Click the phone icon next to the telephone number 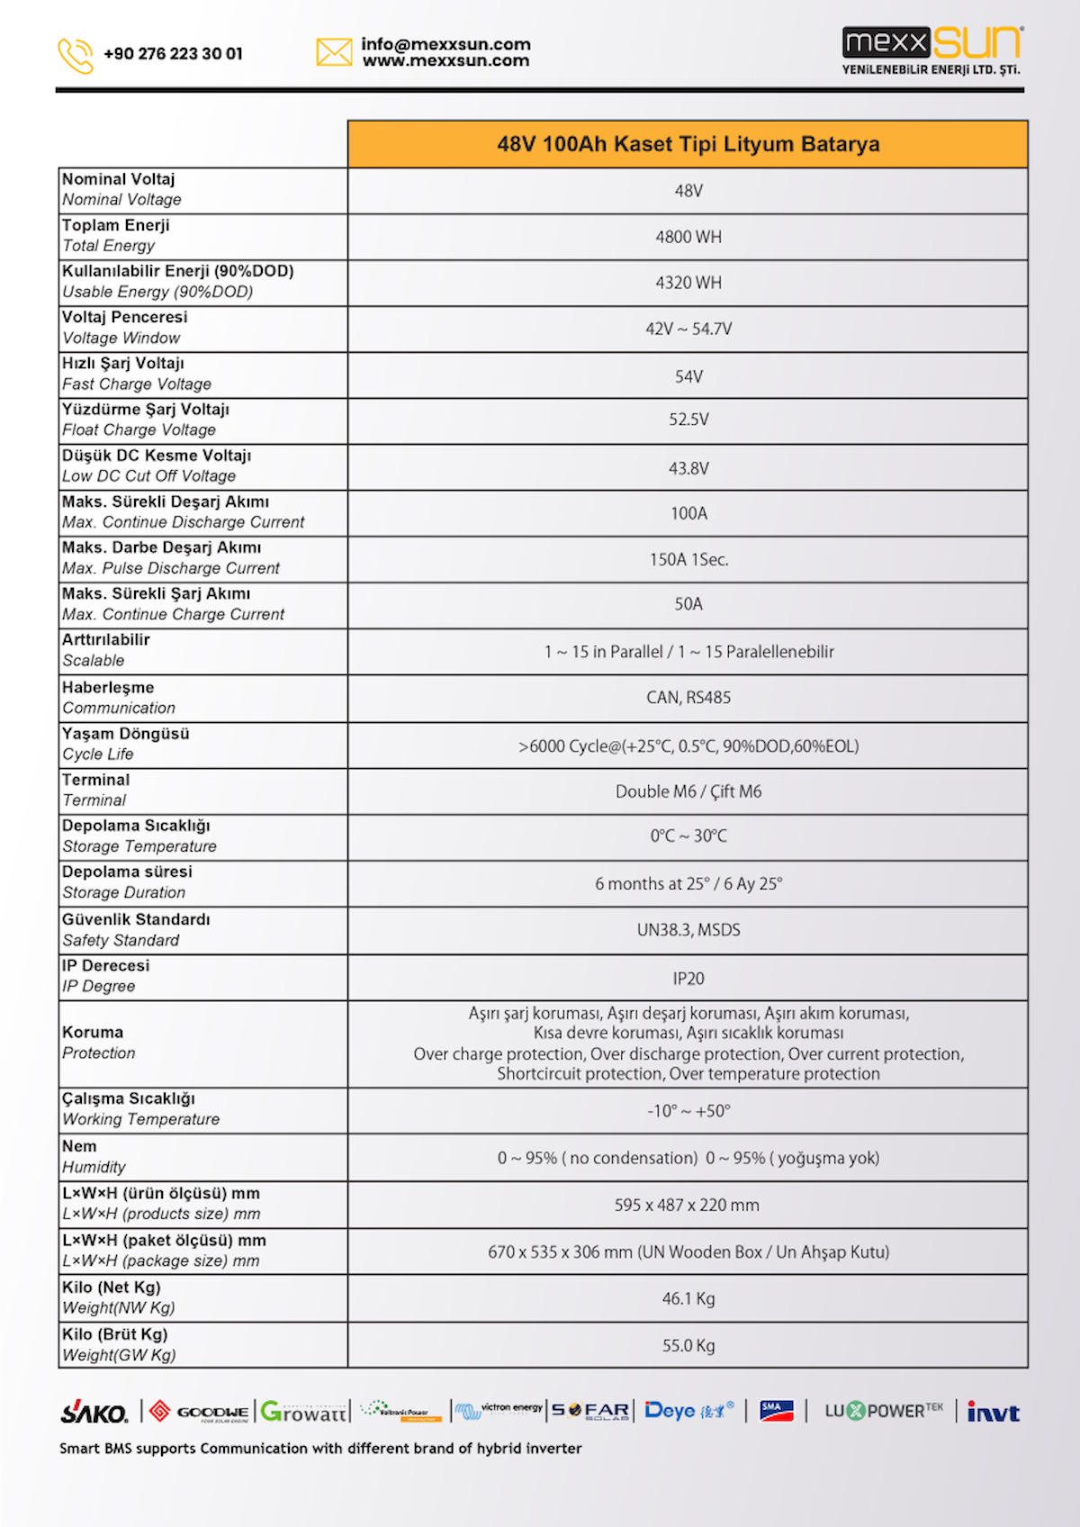coord(76,55)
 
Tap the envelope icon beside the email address coord(334,52)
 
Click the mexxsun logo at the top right coord(931,50)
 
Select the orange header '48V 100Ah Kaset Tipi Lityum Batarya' coord(688,144)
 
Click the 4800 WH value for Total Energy coord(688,237)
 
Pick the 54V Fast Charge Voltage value coord(688,376)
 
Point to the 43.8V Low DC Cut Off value coord(688,468)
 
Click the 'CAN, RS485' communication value coord(688,698)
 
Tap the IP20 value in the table coord(688,979)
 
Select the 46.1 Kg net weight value coord(688,1298)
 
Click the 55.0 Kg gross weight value coord(688,1345)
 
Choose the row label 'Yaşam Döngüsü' coord(126,734)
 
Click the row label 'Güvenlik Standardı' coord(136,919)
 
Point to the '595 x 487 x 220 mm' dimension coord(687,1205)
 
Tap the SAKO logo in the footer coord(94,1413)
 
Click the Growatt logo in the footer coord(303,1412)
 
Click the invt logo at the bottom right coord(993,1413)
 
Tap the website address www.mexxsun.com coord(445,61)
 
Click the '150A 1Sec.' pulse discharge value coord(688,559)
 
